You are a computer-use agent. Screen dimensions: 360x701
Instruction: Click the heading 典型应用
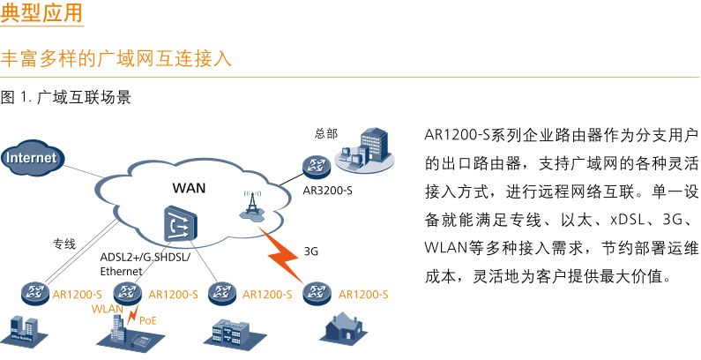[x=42, y=15]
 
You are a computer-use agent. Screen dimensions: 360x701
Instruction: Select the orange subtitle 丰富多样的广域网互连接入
[x=116, y=59]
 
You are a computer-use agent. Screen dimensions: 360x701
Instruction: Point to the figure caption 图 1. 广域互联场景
[x=67, y=98]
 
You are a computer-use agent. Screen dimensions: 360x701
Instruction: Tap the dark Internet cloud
[x=33, y=158]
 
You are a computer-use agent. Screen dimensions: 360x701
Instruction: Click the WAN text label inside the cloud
[x=189, y=188]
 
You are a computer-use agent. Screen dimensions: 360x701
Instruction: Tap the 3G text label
[x=310, y=251]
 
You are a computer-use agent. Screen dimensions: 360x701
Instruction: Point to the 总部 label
[x=325, y=134]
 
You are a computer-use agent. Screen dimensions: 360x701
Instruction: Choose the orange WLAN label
[x=107, y=310]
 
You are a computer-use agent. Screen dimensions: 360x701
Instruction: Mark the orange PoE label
[x=148, y=321]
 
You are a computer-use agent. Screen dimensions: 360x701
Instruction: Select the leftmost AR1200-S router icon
[x=35, y=292]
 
